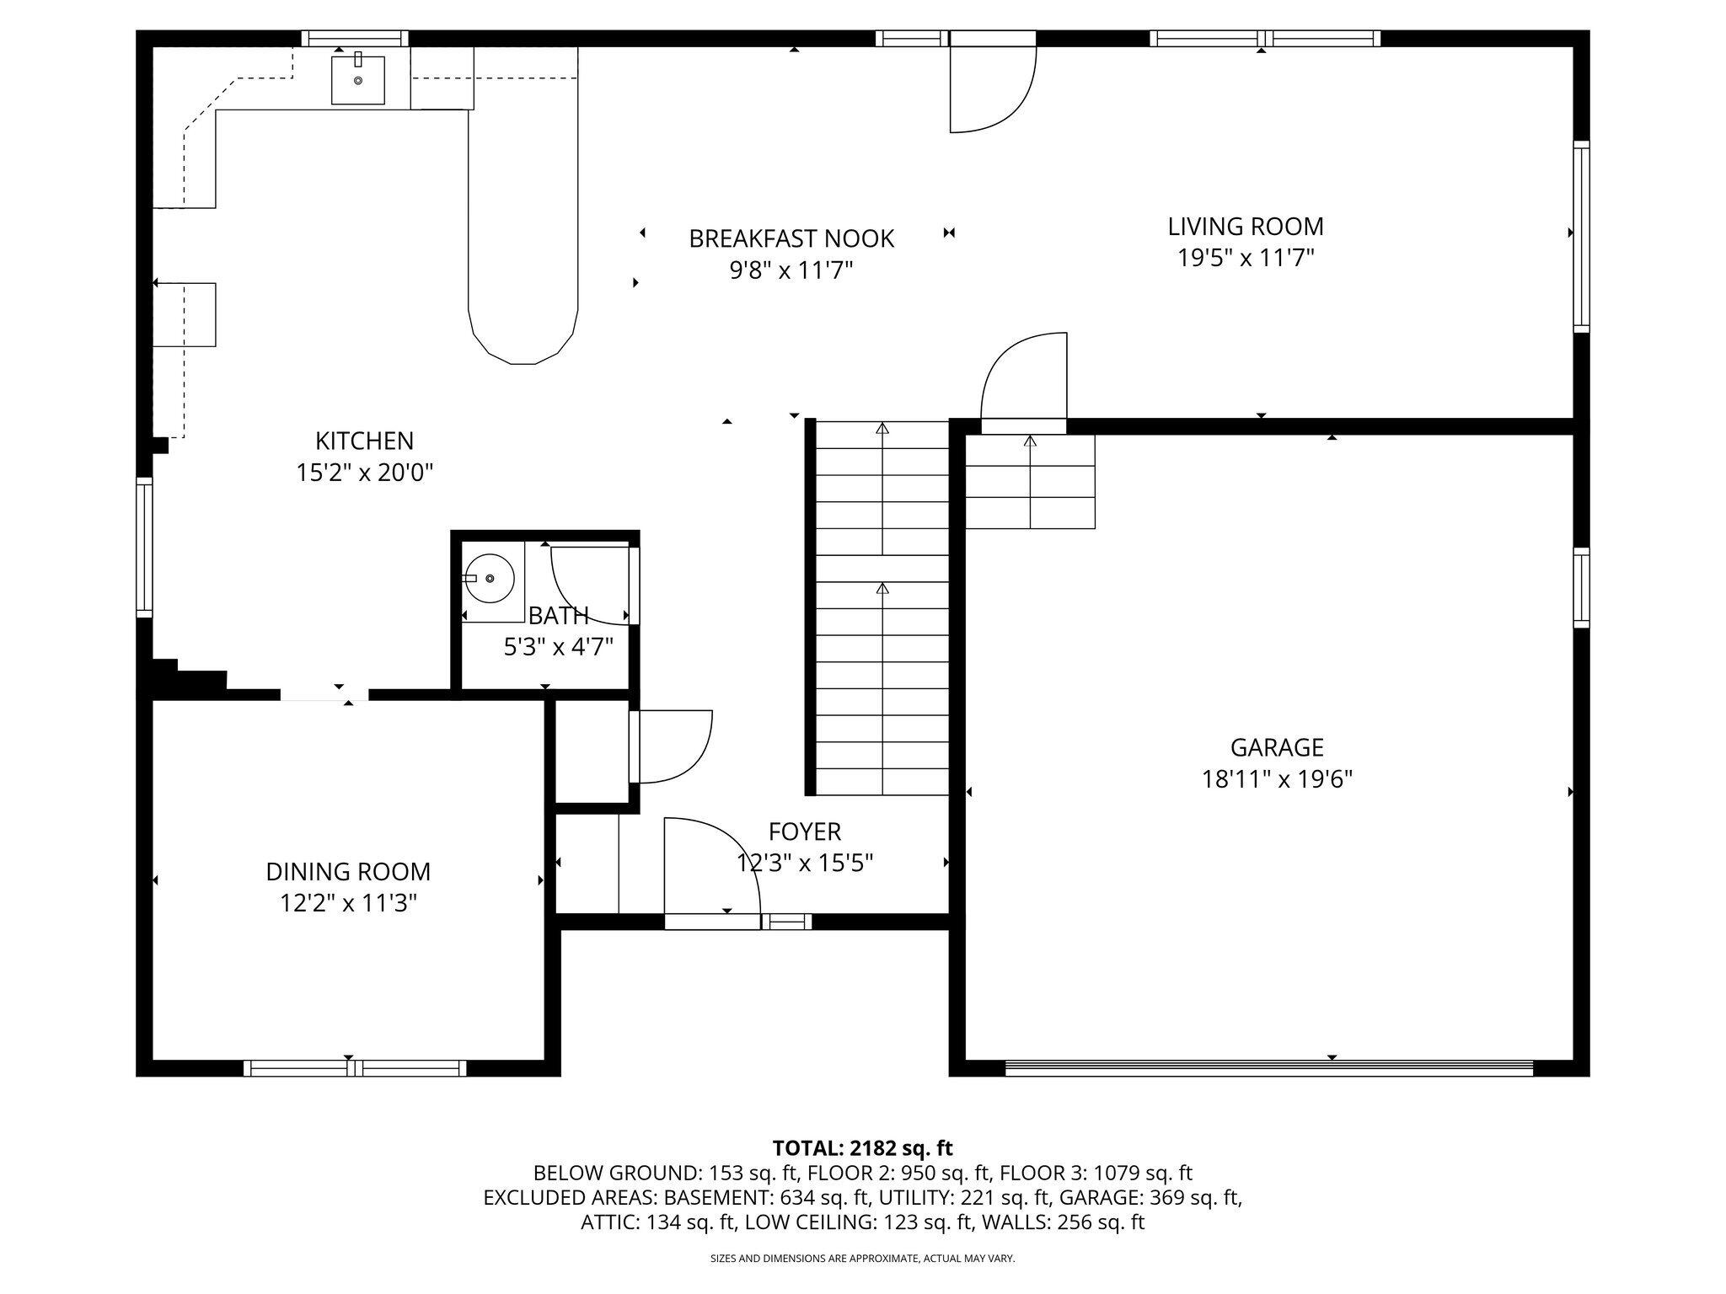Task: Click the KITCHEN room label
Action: (x=364, y=441)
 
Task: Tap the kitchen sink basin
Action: (x=357, y=80)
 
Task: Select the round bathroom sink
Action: (x=490, y=579)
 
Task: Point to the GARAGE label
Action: (x=1276, y=747)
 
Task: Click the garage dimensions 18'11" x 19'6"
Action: (x=1276, y=779)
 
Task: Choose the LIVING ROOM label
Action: (x=1245, y=227)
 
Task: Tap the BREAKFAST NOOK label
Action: (x=791, y=239)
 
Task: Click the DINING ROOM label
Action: (x=348, y=871)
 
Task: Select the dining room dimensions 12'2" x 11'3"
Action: (x=348, y=903)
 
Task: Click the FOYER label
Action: (x=804, y=831)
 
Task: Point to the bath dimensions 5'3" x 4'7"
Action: (x=558, y=647)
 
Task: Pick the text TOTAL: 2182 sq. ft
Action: (x=862, y=1147)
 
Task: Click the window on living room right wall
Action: (x=1581, y=236)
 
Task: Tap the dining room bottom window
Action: (x=355, y=1067)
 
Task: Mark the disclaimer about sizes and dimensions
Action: (x=862, y=1259)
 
